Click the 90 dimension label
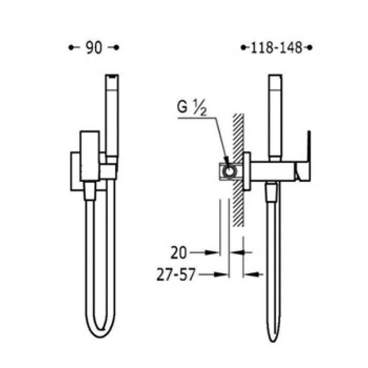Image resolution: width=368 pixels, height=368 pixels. pos(94,48)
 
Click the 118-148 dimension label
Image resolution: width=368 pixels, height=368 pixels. pos(277,48)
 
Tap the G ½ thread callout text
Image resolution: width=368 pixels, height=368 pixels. pos(192,107)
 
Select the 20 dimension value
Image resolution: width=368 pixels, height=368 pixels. pos(179,253)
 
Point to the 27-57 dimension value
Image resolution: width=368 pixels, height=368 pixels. pos(176,274)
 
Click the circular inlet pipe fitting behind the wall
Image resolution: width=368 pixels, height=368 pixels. pos(229,171)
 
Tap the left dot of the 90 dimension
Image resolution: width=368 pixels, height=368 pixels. pos(70,48)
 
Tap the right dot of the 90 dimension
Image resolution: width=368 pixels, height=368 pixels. pos(117,48)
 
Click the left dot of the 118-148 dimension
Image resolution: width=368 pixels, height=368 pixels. pos(243,48)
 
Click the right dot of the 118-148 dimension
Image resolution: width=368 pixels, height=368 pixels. pos(310,48)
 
